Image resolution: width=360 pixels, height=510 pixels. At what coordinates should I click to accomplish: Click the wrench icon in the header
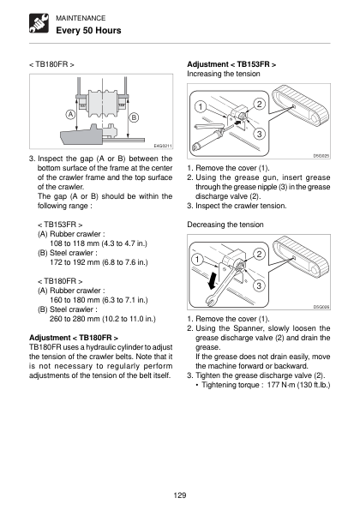(39, 23)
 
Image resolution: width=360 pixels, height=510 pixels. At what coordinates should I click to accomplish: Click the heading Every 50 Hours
(88, 31)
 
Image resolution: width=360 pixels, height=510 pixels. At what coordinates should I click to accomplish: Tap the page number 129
(180, 495)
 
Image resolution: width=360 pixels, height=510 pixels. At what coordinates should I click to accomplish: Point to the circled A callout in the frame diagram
(70, 115)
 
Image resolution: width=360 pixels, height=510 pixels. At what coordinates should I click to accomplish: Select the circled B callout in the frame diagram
(134, 117)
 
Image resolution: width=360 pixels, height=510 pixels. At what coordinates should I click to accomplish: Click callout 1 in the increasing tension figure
(201, 106)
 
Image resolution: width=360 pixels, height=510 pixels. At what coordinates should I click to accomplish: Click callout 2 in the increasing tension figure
(259, 104)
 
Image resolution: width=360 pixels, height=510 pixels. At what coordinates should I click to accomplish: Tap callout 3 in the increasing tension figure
(259, 134)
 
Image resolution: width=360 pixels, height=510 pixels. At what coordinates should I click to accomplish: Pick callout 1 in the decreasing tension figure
(197, 259)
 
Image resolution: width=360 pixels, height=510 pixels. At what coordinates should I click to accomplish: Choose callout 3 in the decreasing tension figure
(259, 285)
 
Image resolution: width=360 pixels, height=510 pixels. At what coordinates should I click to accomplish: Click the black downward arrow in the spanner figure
(213, 280)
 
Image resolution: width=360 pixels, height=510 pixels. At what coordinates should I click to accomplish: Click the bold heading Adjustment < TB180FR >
(74, 338)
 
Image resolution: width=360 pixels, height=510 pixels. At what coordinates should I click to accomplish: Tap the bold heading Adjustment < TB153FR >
(231, 64)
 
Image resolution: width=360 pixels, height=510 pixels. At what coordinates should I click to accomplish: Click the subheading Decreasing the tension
(225, 225)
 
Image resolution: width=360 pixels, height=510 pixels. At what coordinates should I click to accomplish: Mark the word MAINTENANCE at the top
(81, 18)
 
